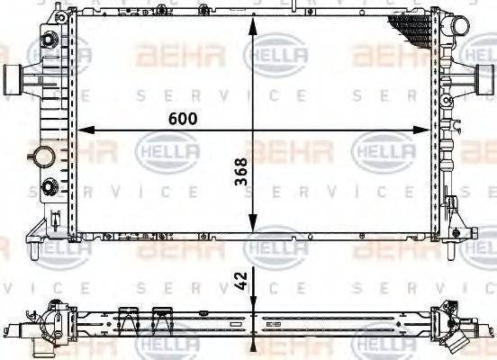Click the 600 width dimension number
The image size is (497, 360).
pos(180,118)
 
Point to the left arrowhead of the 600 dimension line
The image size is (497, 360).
pos(87,131)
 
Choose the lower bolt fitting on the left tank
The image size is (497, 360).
pos(46,188)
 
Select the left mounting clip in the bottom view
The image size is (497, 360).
pos(129,316)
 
